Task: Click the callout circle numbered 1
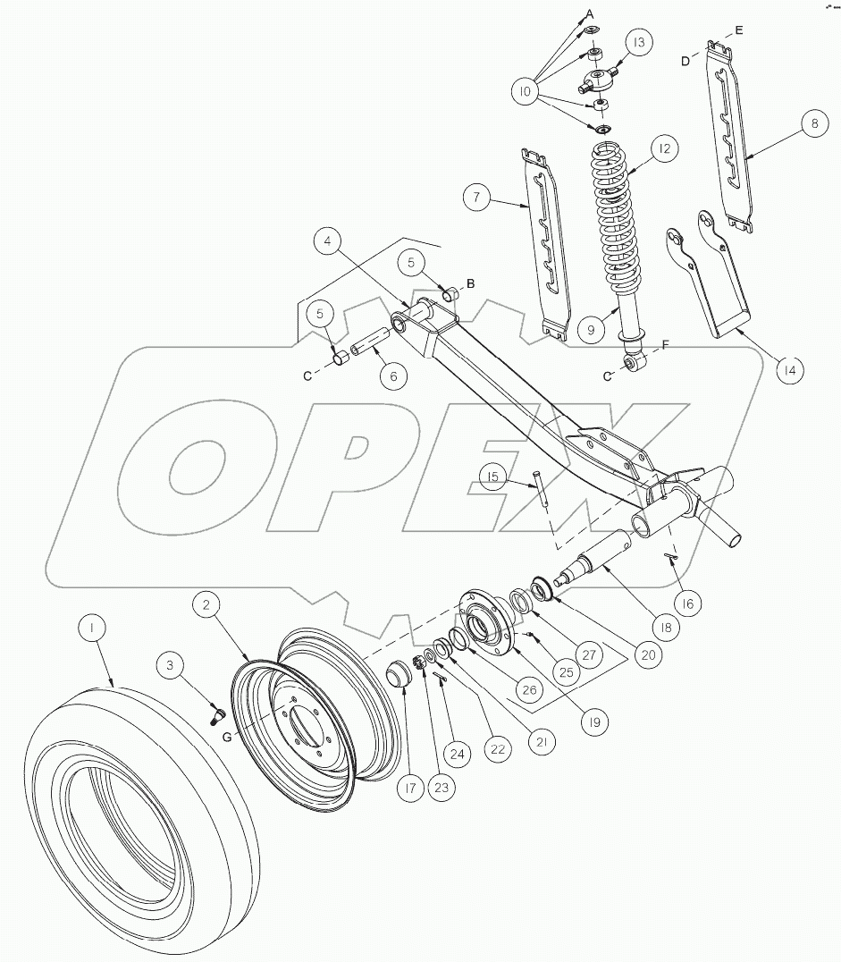tap(92, 628)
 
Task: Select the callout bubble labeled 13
tap(639, 42)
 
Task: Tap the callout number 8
tap(814, 123)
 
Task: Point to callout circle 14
tap(789, 370)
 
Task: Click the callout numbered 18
tap(666, 627)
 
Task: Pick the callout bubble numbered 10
tap(525, 92)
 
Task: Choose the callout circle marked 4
tap(328, 241)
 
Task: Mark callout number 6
tap(394, 376)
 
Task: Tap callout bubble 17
tap(410, 788)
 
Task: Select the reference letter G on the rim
tap(227, 737)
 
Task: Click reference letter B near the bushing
tap(470, 283)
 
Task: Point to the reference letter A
tap(590, 13)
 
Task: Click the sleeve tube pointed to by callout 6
tap(371, 349)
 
